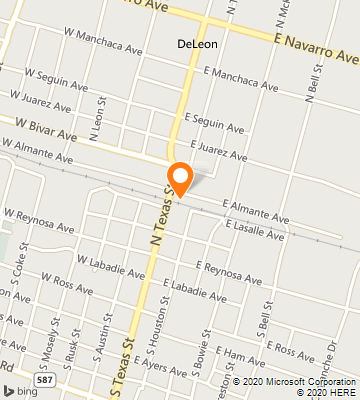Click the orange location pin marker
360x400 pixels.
(x=181, y=177)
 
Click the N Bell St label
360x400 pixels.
(x=314, y=87)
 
